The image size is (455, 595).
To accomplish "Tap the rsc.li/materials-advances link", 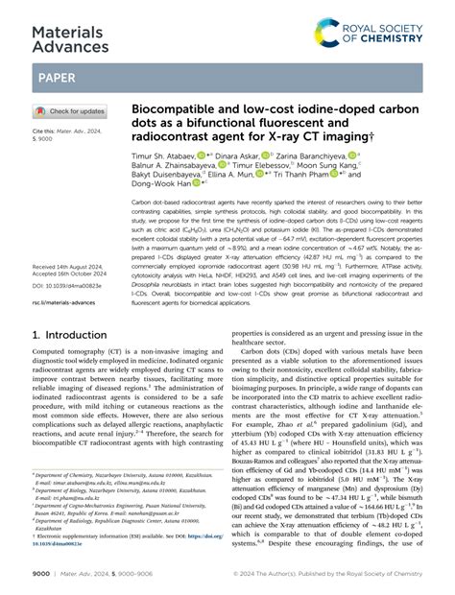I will (x=62, y=302).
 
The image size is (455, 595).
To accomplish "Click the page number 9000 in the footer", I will (x=43, y=576).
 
